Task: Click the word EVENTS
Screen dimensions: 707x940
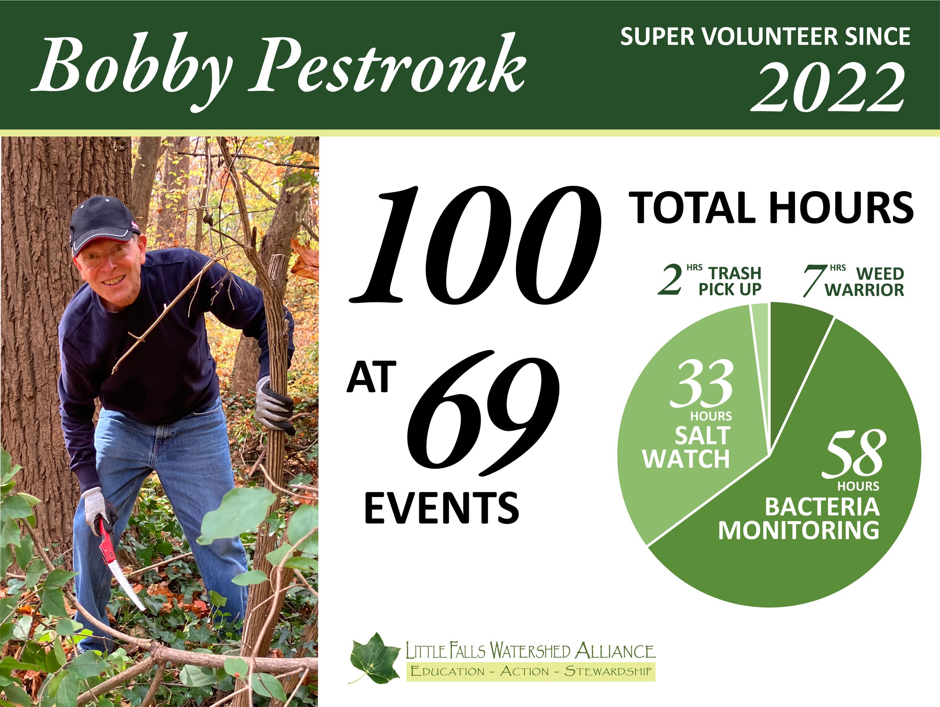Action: tap(441, 508)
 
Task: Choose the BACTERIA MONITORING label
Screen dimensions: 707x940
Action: tap(799, 518)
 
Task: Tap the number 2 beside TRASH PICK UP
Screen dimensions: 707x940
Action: tap(670, 281)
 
